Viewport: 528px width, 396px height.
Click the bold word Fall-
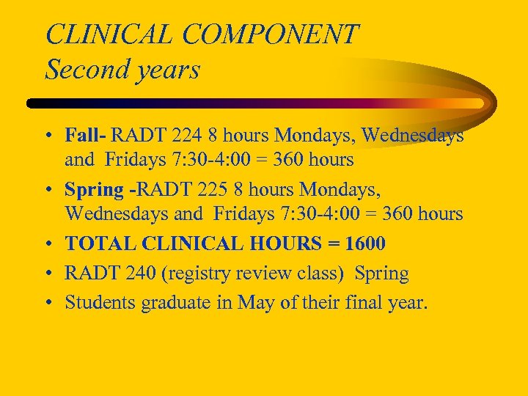pos(86,136)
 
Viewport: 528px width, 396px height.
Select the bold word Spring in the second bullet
pos(94,189)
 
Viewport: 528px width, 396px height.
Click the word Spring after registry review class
pos(381,274)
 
